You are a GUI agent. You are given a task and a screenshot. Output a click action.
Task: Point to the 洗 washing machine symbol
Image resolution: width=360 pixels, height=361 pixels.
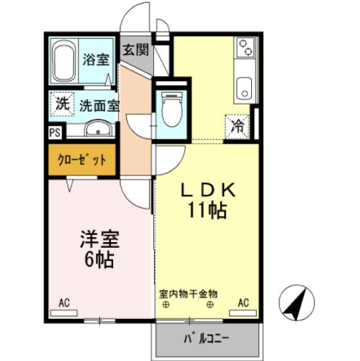[63, 104]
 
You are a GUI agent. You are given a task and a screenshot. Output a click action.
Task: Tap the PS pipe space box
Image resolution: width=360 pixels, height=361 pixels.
[54, 133]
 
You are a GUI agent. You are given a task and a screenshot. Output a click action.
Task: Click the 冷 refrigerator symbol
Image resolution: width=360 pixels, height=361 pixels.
[238, 125]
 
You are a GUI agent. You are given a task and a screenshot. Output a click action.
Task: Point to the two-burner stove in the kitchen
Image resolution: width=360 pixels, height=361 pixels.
[245, 49]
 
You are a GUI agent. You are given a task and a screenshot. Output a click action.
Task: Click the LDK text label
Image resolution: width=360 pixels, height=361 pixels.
[206, 190]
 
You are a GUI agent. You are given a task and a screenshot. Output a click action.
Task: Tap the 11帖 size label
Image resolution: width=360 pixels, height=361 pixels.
[207, 212]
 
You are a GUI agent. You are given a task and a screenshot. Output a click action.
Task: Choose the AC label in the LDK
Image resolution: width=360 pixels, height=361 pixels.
[243, 302]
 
